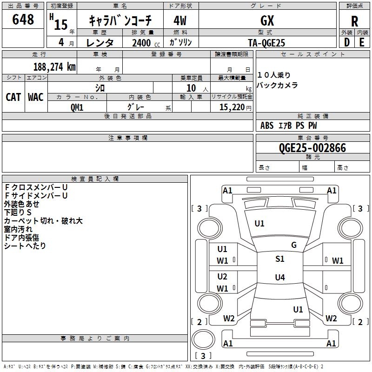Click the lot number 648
23,20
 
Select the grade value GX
267,20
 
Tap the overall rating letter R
354,21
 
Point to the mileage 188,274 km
54,67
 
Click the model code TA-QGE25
266,43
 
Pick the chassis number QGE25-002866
312,148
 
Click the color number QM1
77,107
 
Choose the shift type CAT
13,97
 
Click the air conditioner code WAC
36,97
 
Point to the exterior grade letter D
347,42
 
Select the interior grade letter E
362,42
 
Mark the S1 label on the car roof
280,259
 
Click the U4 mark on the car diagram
280,277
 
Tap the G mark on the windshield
294,245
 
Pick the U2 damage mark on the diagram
222,277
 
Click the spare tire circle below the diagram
203,339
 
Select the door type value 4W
180,21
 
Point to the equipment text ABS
267,126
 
